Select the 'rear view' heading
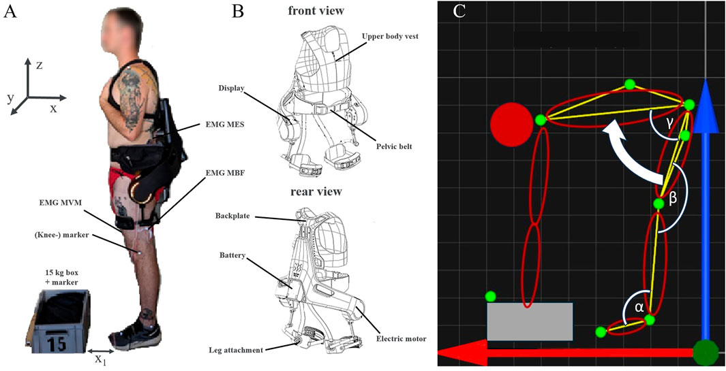coord(315,191)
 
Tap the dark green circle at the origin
coord(706,353)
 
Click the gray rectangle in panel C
coord(530,321)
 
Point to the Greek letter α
coord(639,307)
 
